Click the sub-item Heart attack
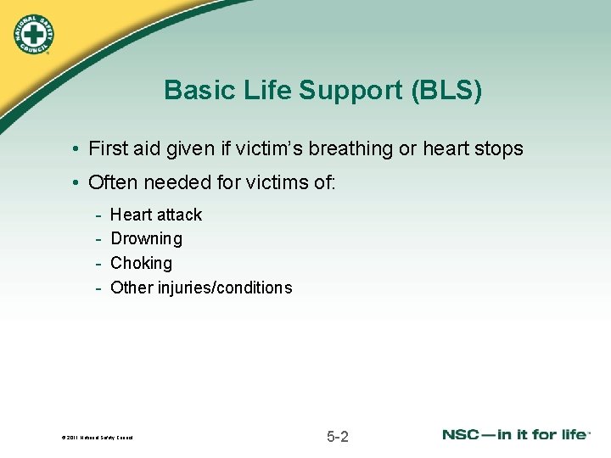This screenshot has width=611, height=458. click(x=156, y=215)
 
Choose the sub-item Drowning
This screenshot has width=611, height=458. click(x=146, y=239)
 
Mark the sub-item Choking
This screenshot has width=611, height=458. click(x=141, y=264)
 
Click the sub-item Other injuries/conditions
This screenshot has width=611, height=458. click(x=201, y=288)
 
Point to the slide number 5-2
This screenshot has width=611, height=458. click(x=337, y=437)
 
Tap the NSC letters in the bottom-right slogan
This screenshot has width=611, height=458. click(x=463, y=434)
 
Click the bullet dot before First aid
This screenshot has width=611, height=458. click(x=76, y=150)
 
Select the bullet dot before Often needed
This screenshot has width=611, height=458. click(x=76, y=183)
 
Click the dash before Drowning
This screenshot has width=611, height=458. click(x=99, y=239)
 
